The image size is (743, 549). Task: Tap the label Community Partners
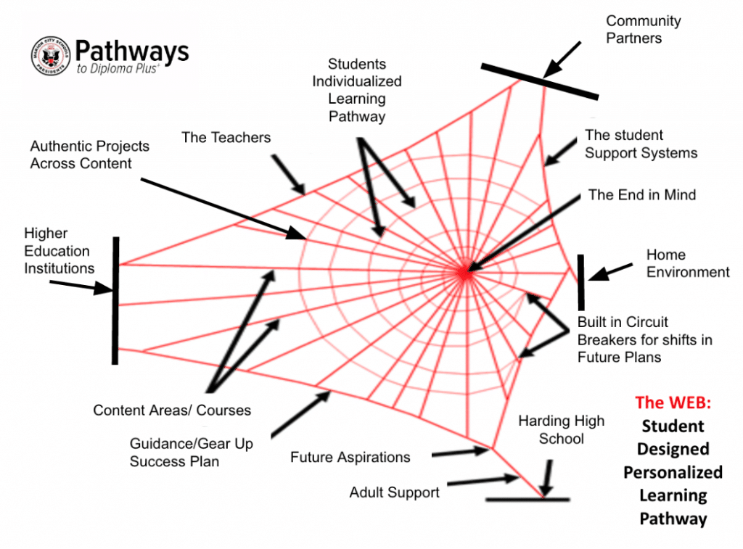pos(643,30)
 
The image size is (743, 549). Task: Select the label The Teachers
pos(226,137)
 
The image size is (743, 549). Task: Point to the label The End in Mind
pos(641,194)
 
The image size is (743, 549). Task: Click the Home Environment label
pos(687,263)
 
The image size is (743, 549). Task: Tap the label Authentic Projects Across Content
pos(89,154)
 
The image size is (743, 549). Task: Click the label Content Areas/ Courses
pos(172,410)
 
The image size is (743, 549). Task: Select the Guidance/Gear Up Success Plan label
pos(191,452)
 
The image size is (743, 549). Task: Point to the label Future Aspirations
pos(350,457)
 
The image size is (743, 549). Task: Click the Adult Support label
pos(394,492)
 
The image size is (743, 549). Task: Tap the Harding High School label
pos(561,429)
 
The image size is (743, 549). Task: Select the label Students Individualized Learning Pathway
pos(356,90)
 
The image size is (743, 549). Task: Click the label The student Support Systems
pos(641,144)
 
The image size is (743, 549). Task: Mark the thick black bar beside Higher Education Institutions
pos(115,300)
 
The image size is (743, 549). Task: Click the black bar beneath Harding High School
pos(528,499)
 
